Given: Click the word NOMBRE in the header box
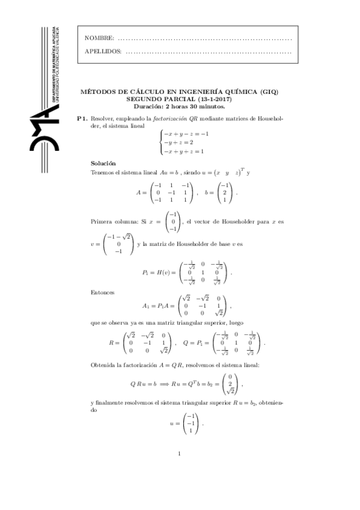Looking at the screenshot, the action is coord(99,38).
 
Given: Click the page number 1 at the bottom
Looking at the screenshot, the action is coord(180,453).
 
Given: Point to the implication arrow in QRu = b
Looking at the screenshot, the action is coord(162,382).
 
